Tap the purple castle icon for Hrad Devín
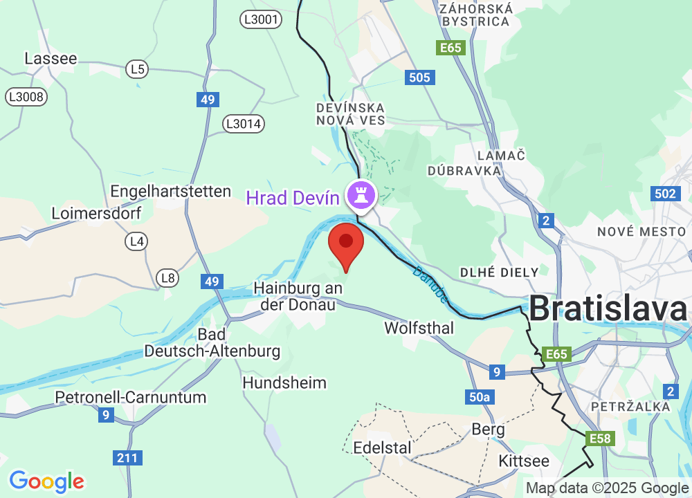click(x=361, y=195)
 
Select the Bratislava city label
click(x=609, y=309)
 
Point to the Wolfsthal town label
click(x=419, y=328)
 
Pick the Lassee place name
click(x=51, y=59)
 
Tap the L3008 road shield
click(x=27, y=97)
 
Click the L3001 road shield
click(x=262, y=19)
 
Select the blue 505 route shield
click(x=419, y=77)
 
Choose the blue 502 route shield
click(x=665, y=194)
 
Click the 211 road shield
click(x=128, y=457)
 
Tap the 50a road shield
click(x=480, y=397)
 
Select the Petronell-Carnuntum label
click(x=131, y=398)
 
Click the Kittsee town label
click(x=524, y=461)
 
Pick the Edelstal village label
click(x=382, y=448)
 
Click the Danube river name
click(x=430, y=284)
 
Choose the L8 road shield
click(x=167, y=278)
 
